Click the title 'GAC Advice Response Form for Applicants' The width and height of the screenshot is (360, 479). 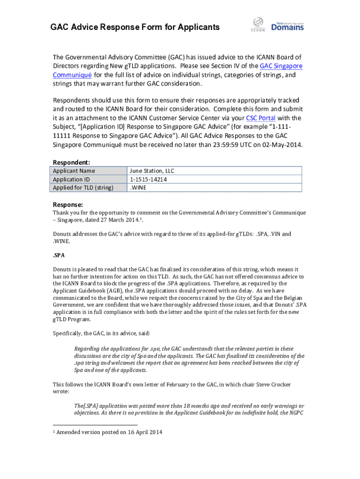pos(135,27)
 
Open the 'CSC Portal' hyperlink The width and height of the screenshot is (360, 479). pos(260,118)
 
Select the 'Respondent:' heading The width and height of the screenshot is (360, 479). pos(72,162)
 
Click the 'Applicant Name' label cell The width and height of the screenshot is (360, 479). pos(71,171)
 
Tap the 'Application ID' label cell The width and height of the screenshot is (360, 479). pos(71,179)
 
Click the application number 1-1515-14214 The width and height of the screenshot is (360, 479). pos(149,179)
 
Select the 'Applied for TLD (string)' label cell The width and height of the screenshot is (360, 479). pos(83,188)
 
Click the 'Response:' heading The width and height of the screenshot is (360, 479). pos(68,204)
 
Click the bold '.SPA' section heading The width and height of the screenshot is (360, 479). pos(58,255)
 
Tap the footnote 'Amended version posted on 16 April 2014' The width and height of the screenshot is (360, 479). pos(111,432)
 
